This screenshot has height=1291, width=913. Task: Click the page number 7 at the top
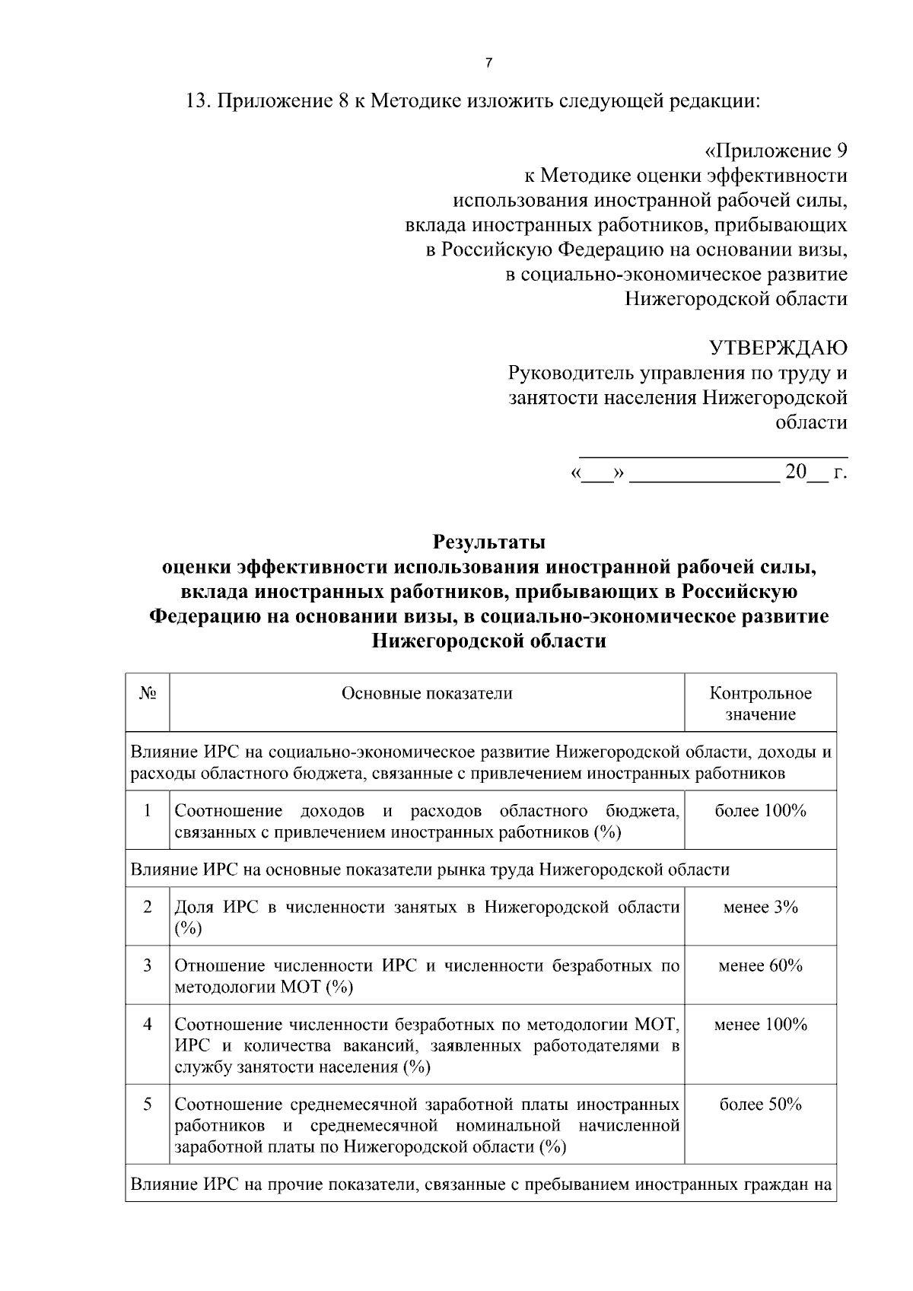[x=488, y=64]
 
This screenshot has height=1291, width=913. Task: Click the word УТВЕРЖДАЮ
[x=778, y=348]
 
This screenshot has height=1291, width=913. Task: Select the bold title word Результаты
[x=489, y=542]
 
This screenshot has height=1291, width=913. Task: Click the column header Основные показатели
[x=427, y=693]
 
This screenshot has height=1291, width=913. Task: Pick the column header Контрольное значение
[x=760, y=704]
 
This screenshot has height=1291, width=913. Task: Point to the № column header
[x=148, y=693]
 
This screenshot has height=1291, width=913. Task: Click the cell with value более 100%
[x=760, y=811]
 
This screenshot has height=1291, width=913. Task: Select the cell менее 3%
[x=760, y=907]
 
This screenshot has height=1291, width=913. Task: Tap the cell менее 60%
[x=760, y=966]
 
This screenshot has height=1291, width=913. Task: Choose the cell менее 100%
[x=760, y=1025]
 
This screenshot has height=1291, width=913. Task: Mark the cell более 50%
[x=760, y=1105]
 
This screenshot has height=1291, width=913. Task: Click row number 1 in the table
[x=148, y=811]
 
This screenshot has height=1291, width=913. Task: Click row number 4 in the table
[x=148, y=1025]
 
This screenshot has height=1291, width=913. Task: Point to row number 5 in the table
[x=148, y=1105]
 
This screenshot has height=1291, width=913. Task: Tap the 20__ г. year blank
[x=816, y=472]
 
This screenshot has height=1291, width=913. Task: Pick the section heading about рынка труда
[x=430, y=870]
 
